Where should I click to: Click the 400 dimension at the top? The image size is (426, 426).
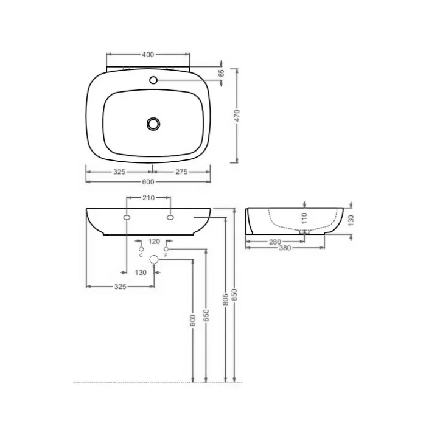pos(148,55)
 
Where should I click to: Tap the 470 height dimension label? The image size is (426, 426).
pos(237,116)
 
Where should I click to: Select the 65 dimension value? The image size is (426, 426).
pos(222,73)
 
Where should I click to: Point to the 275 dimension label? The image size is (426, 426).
pos(181,172)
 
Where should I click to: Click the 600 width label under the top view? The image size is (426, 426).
pos(148,182)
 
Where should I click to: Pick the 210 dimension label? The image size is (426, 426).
pos(148,198)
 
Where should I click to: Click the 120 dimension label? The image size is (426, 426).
pos(154,241)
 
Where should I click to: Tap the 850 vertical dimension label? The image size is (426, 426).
pos(235,295)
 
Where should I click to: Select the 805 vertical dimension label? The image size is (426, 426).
pos(226,299)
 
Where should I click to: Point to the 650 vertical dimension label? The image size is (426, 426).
pos(206,315)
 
